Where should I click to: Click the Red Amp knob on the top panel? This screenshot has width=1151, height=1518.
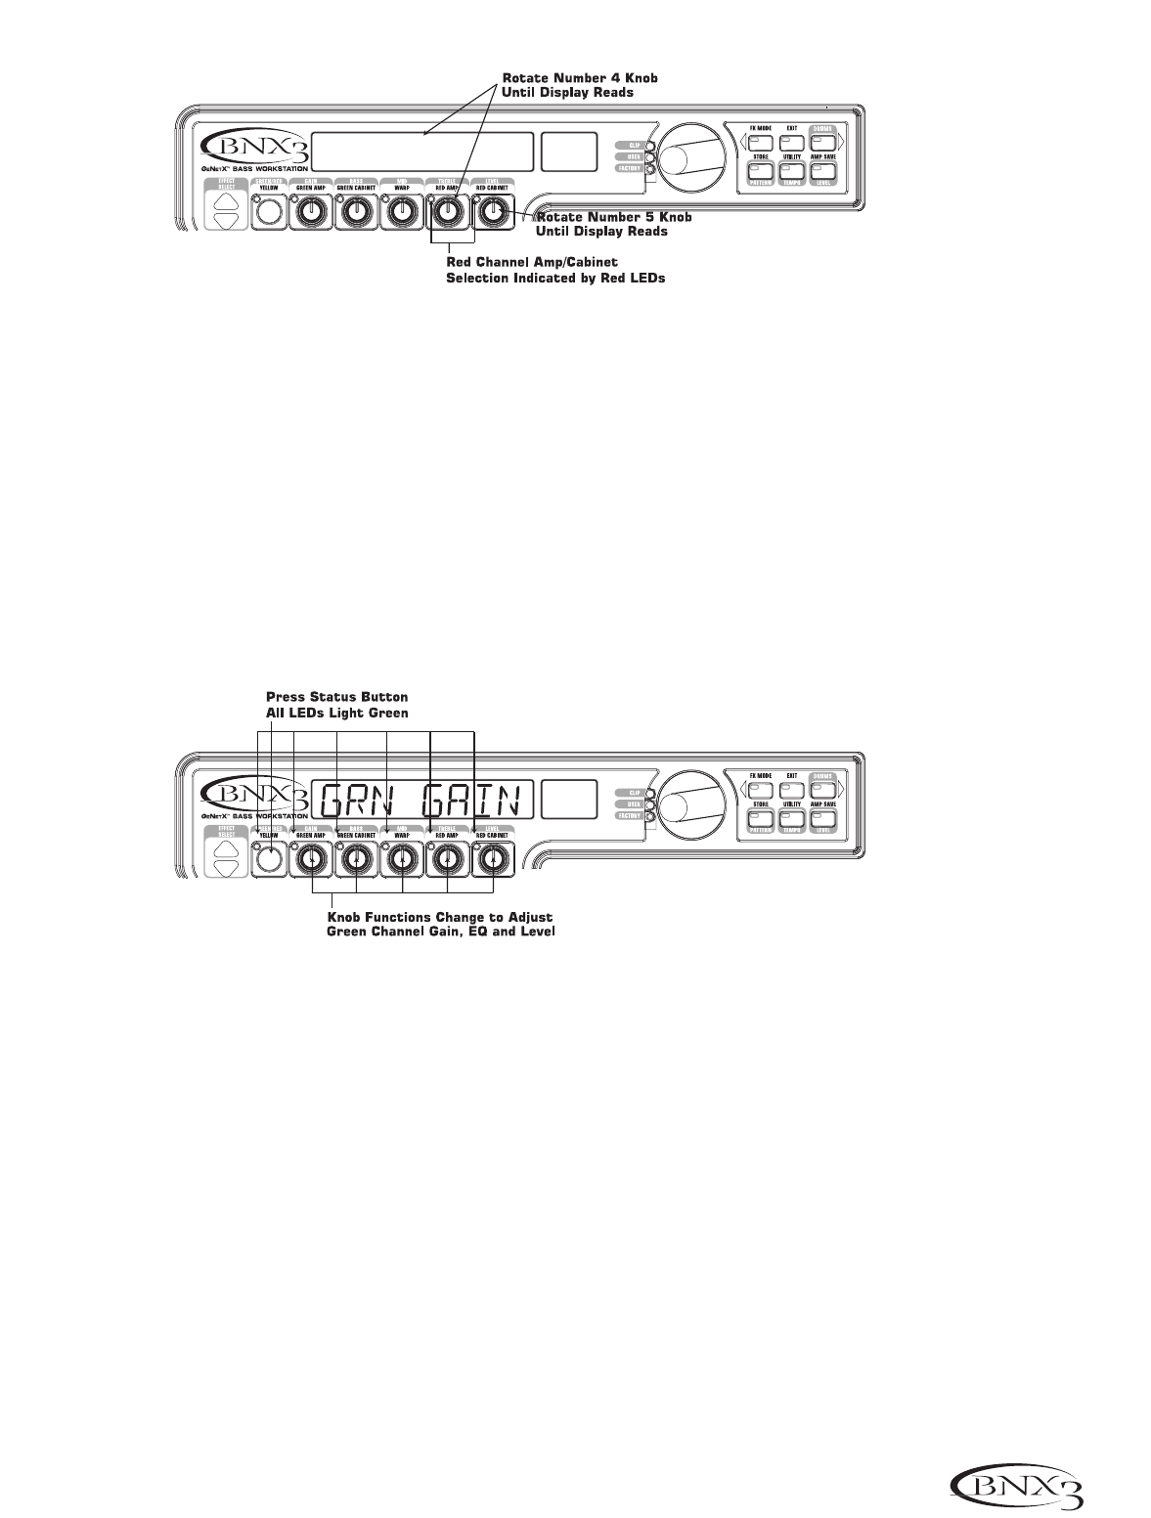[x=449, y=210]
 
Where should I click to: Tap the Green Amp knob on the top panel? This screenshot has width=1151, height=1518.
[x=312, y=210]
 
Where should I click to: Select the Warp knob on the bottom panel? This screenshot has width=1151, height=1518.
[x=401, y=859]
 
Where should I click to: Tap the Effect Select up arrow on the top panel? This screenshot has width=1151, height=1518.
[x=226, y=200]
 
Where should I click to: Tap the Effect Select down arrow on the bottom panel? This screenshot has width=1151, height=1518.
[x=226, y=868]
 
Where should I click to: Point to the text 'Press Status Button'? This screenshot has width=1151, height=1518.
[x=337, y=697]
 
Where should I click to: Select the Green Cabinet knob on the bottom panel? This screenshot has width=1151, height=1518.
[x=356, y=859]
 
